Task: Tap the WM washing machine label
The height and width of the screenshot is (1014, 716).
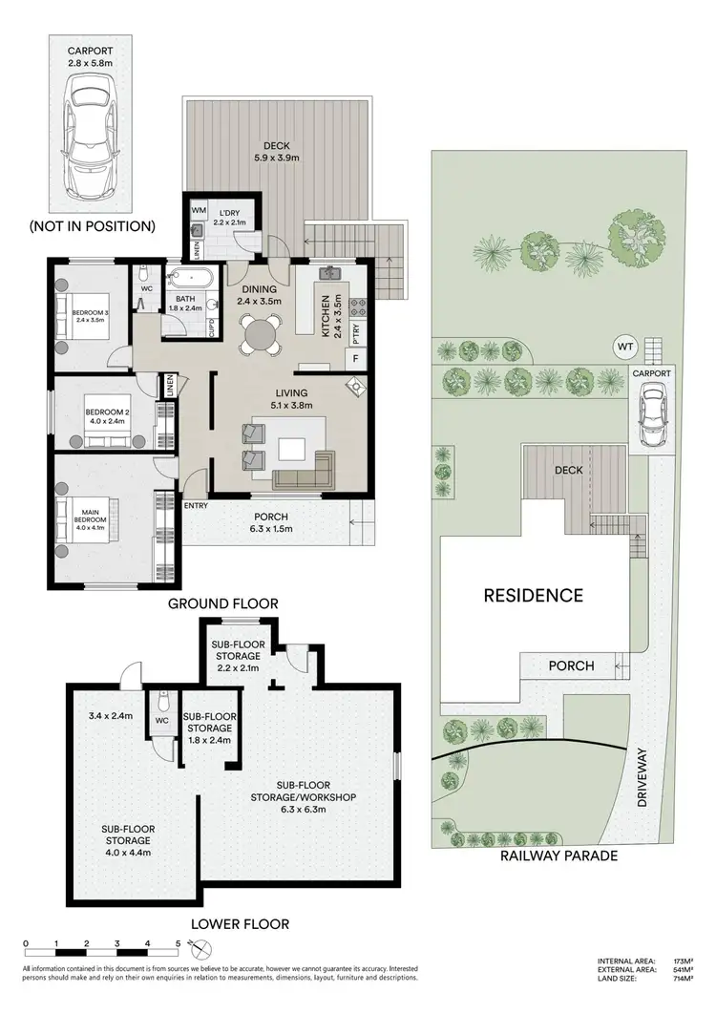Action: point(199,209)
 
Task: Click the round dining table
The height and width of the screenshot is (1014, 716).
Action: point(259,334)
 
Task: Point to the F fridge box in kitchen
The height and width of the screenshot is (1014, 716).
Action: point(356,359)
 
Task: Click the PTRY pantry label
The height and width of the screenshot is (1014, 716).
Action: point(356,334)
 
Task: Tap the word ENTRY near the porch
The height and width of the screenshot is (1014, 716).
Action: point(196,505)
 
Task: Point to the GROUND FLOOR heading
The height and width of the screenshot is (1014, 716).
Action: point(222,603)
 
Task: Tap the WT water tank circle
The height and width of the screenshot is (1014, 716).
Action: point(625,346)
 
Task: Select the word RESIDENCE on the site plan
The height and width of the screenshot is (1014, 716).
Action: point(533,596)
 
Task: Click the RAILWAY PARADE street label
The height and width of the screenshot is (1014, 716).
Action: point(558,856)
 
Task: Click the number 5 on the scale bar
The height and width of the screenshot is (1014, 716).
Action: point(178,944)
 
